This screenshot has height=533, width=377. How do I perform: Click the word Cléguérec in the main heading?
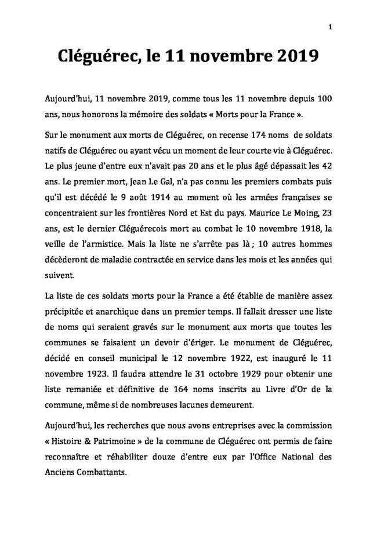point(97,57)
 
